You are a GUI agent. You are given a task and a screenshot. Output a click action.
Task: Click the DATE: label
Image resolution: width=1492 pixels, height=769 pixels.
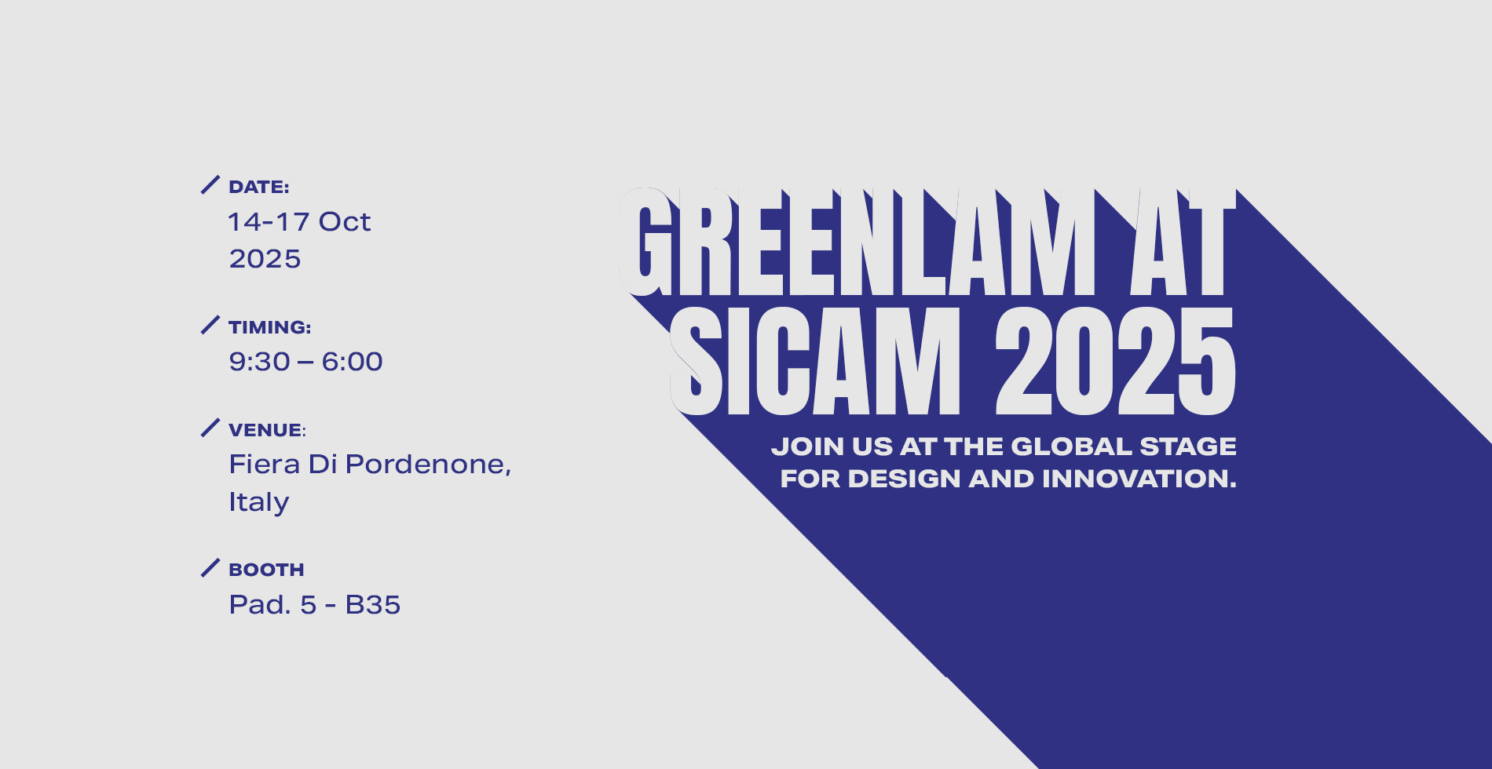point(259,187)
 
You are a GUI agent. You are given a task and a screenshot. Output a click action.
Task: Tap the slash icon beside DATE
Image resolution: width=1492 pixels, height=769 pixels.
point(210,184)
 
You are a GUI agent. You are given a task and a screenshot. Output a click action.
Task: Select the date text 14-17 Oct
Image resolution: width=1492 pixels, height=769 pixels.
point(299,221)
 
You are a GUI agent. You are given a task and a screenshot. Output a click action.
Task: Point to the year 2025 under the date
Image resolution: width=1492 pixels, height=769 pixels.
point(265,258)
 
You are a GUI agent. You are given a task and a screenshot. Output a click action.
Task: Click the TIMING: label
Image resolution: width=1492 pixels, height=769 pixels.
point(270,327)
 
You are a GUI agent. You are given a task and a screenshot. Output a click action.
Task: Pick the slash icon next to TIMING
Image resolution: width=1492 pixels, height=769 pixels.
point(210,325)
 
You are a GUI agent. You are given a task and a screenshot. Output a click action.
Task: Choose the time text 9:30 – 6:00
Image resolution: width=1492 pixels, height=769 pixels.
point(305,361)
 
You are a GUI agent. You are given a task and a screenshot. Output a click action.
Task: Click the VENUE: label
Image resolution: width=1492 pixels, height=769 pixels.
point(267,430)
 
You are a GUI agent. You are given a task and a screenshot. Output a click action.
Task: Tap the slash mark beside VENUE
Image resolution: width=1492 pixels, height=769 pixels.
point(210,428)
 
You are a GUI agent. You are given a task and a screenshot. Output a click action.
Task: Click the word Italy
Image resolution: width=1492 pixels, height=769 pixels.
point(259,502)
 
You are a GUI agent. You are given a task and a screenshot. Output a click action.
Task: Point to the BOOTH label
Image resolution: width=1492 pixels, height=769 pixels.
point(266,570)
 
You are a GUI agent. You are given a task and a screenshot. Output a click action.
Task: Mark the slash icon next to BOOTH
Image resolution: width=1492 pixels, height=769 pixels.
point(210,567)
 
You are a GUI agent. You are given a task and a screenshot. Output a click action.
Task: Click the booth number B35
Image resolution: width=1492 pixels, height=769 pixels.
point(373,604)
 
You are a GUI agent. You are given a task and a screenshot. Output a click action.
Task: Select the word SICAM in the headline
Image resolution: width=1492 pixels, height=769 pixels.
point(815,361)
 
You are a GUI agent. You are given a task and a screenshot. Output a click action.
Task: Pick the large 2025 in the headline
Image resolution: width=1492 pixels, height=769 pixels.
point(1115,361)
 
